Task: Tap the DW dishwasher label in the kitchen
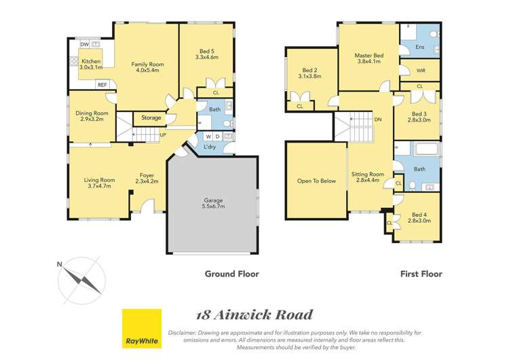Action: click(x=85, y=45)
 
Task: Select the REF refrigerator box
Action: click(x=102, y=85)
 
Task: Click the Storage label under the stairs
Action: click(x=151, y=118)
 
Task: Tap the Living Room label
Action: click(x=99, y=183)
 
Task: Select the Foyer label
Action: click(x=147, y=179)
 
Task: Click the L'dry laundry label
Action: click(x=200, y=148)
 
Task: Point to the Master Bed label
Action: click(x=369, y=58)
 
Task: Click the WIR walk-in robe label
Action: click(x=421, y=70)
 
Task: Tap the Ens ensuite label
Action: click(x=421, y=47)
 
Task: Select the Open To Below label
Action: click(x=316, y=181)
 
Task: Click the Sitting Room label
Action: click(x=367, y=178)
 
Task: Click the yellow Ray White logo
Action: click(x=141, y=329)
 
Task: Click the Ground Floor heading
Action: click(x=231, y=274)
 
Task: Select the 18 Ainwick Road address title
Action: click(x=254, y=314)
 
